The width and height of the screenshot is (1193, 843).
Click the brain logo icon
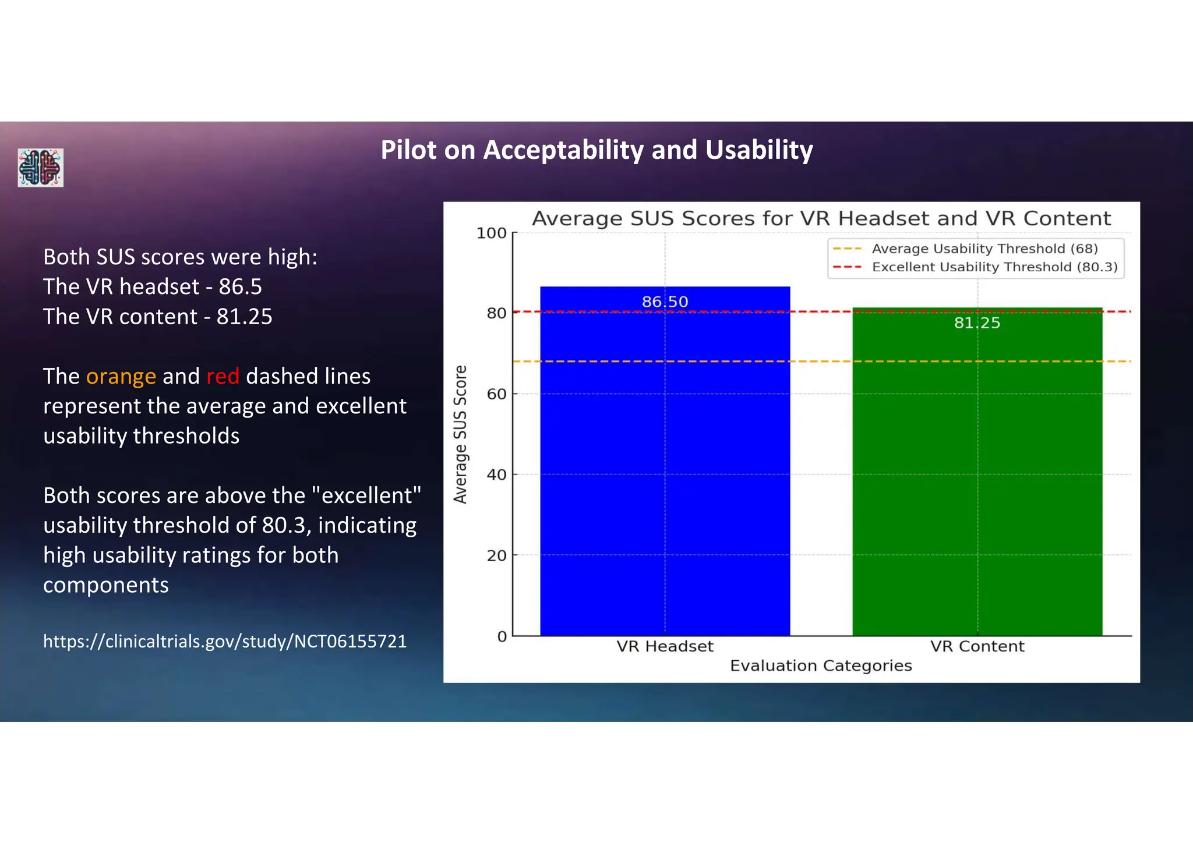pos(40,168)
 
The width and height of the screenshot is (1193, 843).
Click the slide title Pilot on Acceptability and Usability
pos(596,150)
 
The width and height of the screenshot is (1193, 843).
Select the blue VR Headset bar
pos(665,466)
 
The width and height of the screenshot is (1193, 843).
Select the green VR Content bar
pos(977,477)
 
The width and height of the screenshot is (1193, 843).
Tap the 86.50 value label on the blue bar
pos(665,302)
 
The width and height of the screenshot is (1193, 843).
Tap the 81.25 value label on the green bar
pos(977,323)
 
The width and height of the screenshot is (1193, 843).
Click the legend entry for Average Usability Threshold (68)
pos(984,249)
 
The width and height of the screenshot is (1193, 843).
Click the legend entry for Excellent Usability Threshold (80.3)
pos(994,267)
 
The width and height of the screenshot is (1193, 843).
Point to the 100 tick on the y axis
pos(492,233)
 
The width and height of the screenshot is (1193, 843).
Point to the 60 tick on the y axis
pos(496,394)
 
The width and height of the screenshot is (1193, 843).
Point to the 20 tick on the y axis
pos(496,555)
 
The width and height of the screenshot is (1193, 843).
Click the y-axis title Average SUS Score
pos(461,434)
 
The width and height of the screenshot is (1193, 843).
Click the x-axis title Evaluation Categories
pos(821,665)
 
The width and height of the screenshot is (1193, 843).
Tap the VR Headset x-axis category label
pos(665,646)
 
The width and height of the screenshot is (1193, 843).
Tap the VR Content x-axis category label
pos(977,646)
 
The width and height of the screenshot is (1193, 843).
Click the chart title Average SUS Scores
pos(821,218)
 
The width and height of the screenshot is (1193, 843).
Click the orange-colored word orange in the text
pos(121,377)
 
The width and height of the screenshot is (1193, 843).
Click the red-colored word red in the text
pos(223,377)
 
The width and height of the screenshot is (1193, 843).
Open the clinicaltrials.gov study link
pos(225,641)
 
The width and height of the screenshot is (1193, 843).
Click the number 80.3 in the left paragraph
pos(283,526)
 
